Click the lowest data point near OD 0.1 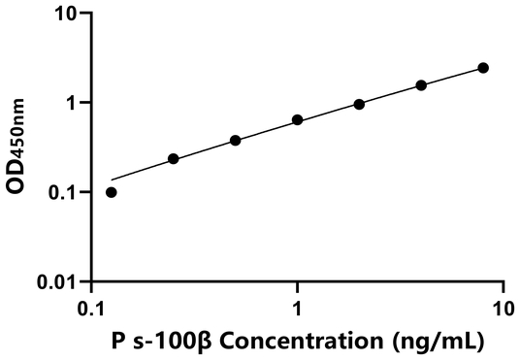coord(112,192)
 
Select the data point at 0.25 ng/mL coord(174,158)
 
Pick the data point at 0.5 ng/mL coord(236,141)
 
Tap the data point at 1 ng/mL coord(297,120)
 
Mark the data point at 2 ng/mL coord(359,104)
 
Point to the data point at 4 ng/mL coord(421,85)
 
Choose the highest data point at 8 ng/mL coord(483,68)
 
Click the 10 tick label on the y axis coord(67,14)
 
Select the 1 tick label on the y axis coord(72,103)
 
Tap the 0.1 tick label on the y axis coord(63,192)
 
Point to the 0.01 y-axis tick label coord(58,281)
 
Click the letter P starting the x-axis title coord(116,342)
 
